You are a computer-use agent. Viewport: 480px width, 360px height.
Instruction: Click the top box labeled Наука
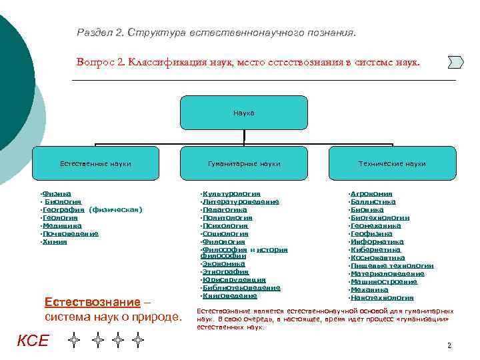coord(244,113)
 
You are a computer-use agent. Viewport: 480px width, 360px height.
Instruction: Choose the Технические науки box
coord(392,163)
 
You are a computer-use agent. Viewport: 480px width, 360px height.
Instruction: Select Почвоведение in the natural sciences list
coord(71,233)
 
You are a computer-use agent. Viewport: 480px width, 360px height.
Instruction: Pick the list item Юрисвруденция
coord(234,280)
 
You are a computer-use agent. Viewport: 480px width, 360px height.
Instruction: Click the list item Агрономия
coord(371,193)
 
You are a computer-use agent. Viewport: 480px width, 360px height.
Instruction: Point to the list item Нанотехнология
coord(382,297)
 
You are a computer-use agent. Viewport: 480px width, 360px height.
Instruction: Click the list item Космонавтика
coord(377,257)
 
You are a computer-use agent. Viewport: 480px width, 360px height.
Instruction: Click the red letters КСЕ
coord(33,341)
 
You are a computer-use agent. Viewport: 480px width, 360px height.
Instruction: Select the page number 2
coord(449,345)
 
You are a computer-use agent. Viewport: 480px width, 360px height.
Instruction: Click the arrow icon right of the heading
coord(455,62)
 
